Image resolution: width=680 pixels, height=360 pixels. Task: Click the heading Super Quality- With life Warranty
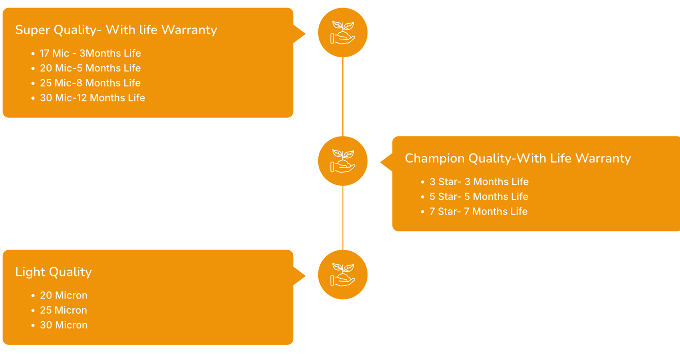(116, 30)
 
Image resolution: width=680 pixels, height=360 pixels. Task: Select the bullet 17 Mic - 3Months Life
(90, 53)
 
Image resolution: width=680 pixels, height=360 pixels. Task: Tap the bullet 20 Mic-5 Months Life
(90, 68)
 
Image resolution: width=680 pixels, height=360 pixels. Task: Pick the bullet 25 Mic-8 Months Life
(90, 83)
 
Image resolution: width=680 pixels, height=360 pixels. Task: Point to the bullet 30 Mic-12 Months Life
(92, 98)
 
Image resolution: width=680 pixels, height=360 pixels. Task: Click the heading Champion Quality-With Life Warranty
(518, 158)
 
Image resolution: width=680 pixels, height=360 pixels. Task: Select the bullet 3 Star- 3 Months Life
(479, 182)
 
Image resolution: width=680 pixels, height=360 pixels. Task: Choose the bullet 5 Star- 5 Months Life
(478, 197)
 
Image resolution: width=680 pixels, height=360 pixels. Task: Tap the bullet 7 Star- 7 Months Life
(478, 212)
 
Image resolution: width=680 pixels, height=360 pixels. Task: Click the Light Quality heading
(53, 272)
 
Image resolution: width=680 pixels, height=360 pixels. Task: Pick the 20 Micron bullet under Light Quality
(63, 296)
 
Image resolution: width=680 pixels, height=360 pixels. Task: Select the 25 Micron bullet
(63, 310)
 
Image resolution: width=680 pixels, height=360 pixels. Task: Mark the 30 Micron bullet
(63, 326)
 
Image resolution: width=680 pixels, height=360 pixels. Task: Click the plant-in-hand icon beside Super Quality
(343, 33)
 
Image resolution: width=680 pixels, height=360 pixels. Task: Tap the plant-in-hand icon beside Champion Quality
(343, 161)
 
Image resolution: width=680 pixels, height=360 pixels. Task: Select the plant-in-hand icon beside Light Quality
(343, 274)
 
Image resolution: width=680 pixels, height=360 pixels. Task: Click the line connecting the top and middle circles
(343, 97)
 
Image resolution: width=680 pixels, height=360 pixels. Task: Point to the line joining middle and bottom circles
(343, 218)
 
